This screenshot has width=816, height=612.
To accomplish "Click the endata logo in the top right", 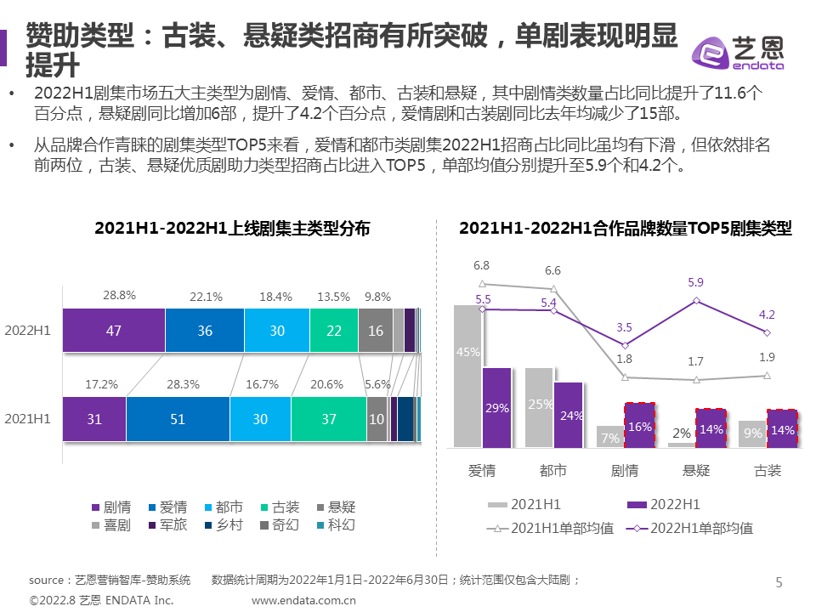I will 739,53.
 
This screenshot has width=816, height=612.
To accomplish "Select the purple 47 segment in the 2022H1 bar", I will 113,331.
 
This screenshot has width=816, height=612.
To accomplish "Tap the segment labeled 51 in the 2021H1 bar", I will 178,419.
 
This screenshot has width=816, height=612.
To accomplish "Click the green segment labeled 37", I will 329,419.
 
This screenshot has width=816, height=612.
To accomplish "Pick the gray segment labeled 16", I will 375,331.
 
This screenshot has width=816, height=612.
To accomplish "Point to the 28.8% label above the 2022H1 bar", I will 120,296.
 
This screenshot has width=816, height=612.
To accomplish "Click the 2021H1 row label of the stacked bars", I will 28,419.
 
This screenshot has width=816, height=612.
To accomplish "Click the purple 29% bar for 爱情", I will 497,408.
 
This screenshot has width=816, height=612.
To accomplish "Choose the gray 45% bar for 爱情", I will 467,377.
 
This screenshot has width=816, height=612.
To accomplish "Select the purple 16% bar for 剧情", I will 640,426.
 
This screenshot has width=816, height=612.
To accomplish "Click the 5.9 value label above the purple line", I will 696,282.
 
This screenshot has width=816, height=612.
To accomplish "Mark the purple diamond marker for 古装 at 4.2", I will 768,332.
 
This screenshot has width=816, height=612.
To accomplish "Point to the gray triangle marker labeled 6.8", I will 482,284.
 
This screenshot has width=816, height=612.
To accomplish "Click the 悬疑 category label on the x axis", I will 696,470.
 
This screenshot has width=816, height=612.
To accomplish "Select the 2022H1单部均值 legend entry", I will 689,529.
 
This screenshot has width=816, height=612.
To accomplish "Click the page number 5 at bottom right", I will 779,582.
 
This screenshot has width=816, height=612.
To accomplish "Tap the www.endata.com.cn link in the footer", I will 303,600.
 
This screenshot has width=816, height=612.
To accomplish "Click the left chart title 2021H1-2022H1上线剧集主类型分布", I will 232,229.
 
